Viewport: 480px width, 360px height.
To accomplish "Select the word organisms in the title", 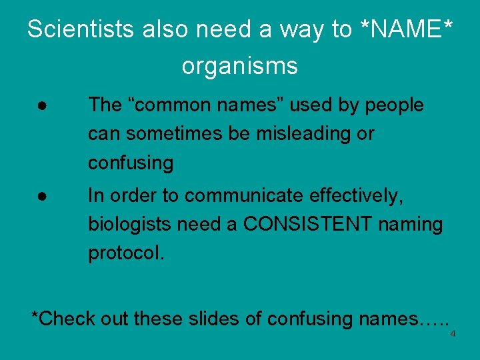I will [239, 66].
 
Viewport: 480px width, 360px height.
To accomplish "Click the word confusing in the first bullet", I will [131, 163].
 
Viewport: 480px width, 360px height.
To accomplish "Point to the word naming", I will [411, 225].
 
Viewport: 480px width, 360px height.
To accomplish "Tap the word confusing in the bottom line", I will [309, 319].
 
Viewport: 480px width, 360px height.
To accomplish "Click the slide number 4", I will [453, 334].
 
